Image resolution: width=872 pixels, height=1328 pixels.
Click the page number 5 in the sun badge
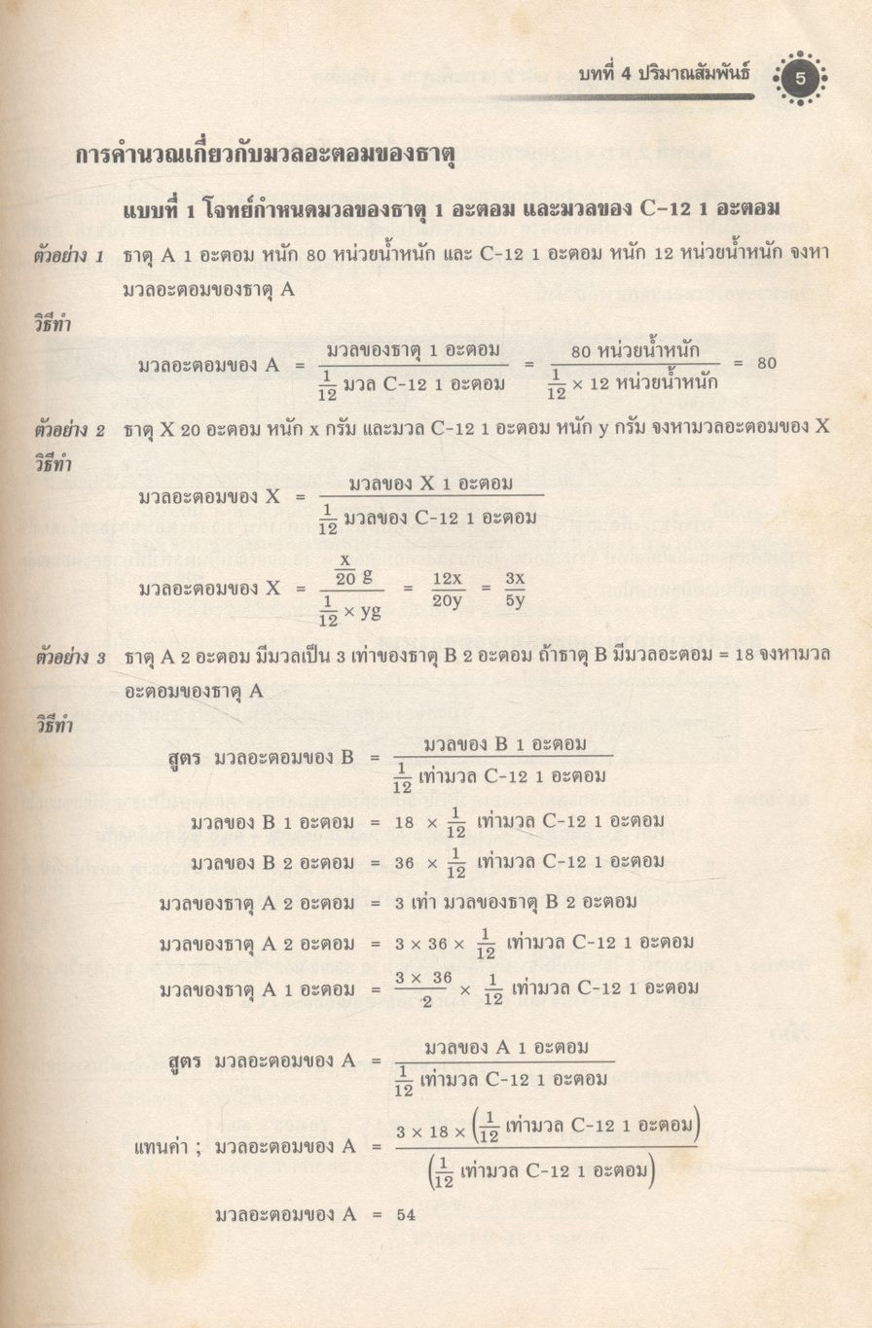tap(800, 79)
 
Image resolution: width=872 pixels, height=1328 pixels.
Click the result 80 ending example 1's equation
tap(766, 363)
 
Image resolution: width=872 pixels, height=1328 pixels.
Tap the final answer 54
tap(405, 1214)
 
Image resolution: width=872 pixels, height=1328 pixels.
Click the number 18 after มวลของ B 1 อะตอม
tap(405, 822)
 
